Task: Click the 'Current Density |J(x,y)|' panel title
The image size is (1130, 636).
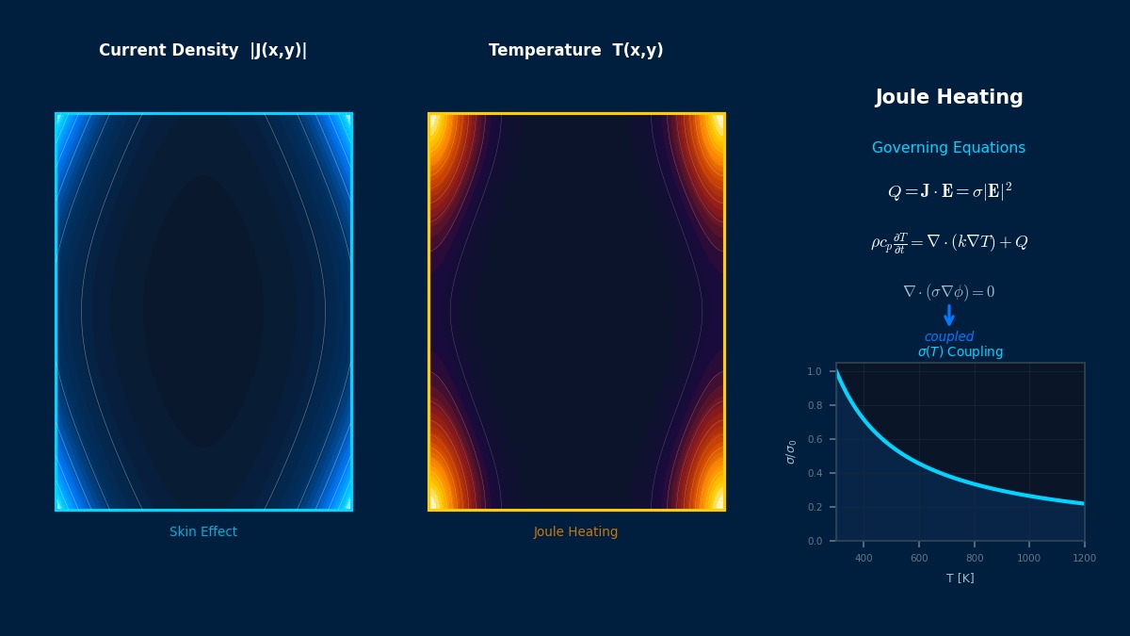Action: point(202,51)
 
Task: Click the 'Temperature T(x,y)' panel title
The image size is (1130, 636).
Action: point(575,51)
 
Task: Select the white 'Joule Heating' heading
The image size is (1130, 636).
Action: point(948,98)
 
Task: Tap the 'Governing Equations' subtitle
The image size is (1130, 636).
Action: point(948,148)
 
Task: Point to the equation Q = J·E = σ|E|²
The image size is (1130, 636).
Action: point(948,192)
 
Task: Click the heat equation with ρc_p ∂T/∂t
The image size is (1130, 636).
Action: point(948,242)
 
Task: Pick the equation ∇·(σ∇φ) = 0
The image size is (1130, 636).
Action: point(948,292)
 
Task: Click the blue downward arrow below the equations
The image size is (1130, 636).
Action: point(948,316)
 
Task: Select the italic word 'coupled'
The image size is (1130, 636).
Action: point(948,337)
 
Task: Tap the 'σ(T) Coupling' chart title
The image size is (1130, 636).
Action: point(960,352)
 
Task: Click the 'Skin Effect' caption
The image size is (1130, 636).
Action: point(203,532)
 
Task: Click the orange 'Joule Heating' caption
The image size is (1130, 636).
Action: point(575,532)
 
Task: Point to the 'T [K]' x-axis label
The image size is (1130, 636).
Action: point(960,579)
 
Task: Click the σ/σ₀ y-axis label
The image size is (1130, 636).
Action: point(791,452)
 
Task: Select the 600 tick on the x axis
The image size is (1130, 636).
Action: point(919,558)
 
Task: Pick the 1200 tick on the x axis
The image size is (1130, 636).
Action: point(1084,558)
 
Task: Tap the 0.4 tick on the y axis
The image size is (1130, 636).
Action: point(815,473)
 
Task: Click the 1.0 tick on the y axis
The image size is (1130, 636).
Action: point(815,371)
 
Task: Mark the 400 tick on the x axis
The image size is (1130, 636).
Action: point(864,558)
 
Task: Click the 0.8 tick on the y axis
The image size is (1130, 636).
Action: point(815,405)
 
